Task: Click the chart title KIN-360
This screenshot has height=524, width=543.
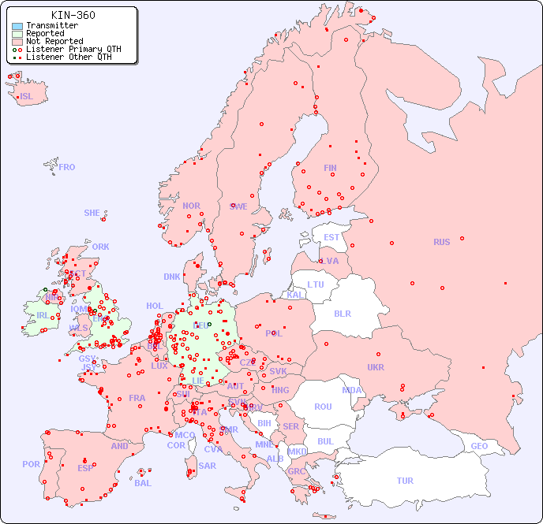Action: coord(73,15)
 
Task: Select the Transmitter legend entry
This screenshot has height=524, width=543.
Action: coord(51,25)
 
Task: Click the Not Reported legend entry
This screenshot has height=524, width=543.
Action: coord(54,41)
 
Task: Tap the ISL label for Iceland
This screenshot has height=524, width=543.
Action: coord(27,97)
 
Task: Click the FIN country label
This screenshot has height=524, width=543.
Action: coord(330,168)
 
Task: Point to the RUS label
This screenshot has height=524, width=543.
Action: coord(441,242)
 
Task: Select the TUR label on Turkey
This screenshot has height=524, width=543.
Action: coord(405,481)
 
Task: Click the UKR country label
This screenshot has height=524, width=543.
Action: coord(376,367)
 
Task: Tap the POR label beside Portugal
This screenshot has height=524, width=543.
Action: coord(31,464)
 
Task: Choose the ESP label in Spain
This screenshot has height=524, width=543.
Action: coord(85,468)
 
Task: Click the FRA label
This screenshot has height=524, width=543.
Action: coord(137,398)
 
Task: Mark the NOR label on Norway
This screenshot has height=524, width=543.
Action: coord(191,206)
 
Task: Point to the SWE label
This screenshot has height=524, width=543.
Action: coord(238,206)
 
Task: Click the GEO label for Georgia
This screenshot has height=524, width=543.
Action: coord(479,446)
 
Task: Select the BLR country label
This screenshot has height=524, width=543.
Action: coord(343,313)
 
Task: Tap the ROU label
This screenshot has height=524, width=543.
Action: coord(323,407)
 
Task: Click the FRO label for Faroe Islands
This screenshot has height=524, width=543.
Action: coord(67,167)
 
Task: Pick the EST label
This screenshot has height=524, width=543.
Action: coord(331,237)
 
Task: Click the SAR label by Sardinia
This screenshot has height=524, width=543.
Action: coord(207,466)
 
